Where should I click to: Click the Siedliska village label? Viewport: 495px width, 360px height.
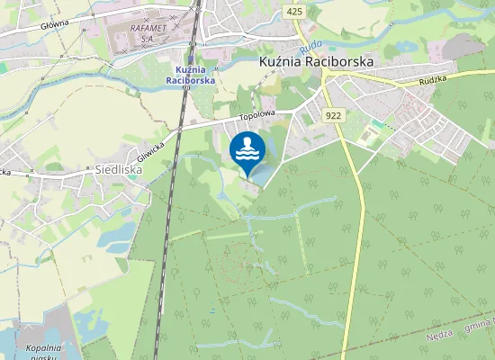click(x=119, y=168)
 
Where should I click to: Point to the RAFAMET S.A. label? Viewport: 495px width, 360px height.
click(x=148, y=32)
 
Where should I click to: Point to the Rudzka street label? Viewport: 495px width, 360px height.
click(x=433, y=80)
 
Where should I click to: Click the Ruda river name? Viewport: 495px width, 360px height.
click(x=310, y=45)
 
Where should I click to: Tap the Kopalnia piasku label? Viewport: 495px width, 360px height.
click(x=42, y=352)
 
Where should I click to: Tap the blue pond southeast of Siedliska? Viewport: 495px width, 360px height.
click(x=115, y=236)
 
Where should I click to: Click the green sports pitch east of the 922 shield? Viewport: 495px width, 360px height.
click(x=368, y=136)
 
